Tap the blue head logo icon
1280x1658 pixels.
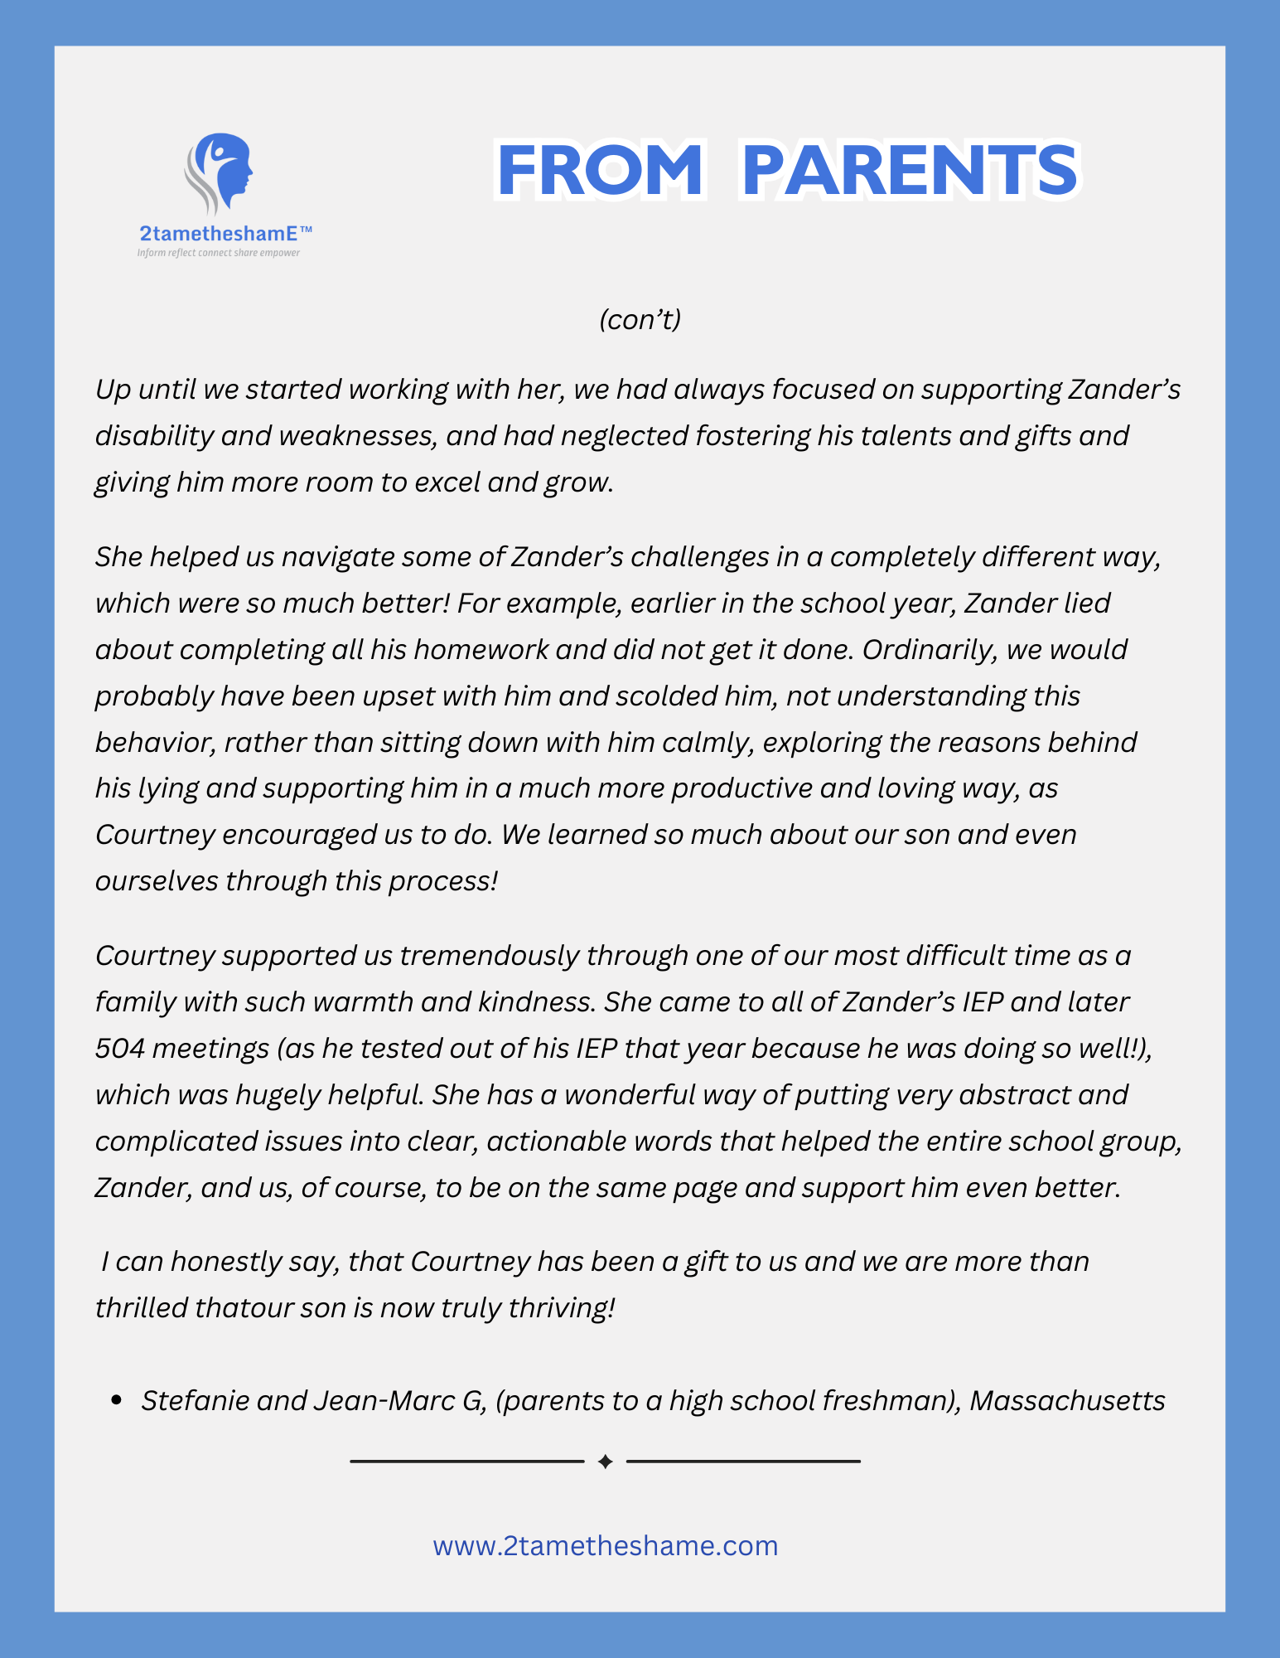[220, 174]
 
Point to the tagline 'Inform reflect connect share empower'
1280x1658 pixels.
[219, 253]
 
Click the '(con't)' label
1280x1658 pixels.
[640, 319]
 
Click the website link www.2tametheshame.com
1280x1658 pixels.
[605, 1546]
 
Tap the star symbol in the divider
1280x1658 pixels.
[605, 1462]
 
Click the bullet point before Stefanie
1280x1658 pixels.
[116, 1401]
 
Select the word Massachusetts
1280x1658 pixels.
[1067, 1400]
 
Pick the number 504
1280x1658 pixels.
[119, 1049]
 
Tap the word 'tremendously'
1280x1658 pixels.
[490, 956]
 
